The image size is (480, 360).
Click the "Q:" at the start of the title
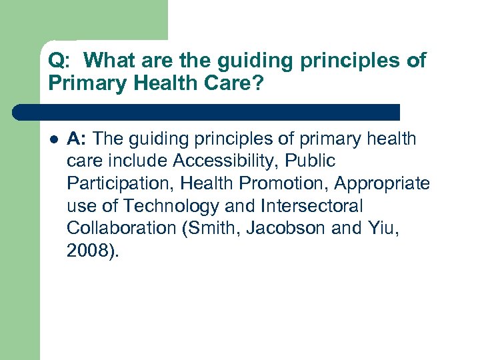58,61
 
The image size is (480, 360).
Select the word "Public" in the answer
311,161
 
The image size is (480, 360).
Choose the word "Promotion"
271,183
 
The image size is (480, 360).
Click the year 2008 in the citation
87,251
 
